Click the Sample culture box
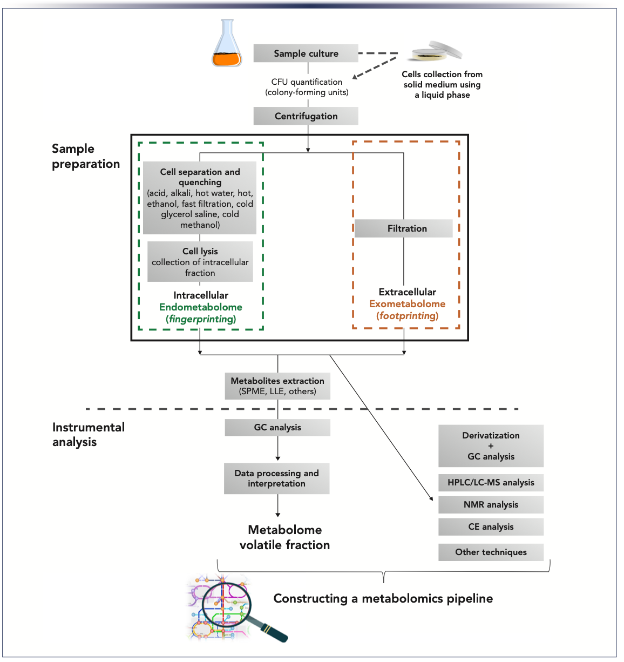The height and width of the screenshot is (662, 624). coord(306,53)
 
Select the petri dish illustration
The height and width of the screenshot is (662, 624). coord(436,51)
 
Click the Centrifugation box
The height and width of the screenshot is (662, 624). coord(306,116)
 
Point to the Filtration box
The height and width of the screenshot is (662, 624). coord(404,228)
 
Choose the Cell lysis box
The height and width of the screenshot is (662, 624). coord(200,262)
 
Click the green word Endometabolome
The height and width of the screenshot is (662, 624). coord(201,307)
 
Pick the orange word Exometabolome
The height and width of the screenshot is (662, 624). coord(407,304)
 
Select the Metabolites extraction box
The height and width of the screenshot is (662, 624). coord(277,386)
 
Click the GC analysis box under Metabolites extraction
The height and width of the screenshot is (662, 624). coord(277,428)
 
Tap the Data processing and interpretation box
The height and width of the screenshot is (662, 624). coord(277,478)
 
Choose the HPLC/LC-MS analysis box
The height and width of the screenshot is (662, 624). coord(491,483)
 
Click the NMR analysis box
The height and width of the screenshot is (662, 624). coord(491,505)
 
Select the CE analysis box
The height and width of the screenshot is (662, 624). coord(491,527)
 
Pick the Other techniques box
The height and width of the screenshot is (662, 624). coord(491,552)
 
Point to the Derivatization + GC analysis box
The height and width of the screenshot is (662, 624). coord(491,446)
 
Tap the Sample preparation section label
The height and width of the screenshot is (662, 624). coord(85,156)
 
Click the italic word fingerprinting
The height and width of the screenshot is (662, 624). coord(201,319)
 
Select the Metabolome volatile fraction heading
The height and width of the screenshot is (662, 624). coord(284,537)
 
